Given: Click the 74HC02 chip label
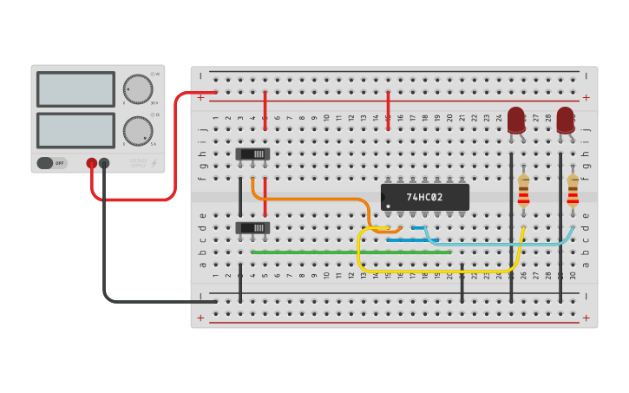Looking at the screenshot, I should (424, 197).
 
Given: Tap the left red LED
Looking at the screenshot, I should (516, 120).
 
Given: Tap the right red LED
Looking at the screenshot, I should (566, 120).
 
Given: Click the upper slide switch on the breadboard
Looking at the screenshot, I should (252, 154).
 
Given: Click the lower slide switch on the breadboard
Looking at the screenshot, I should (252, 227).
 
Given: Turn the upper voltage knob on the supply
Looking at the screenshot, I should (137, 88).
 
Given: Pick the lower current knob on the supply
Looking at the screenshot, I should (137, 131).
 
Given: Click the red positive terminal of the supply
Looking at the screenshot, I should (91, 163).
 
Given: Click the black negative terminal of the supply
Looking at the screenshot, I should (104, 163).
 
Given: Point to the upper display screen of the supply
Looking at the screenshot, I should (75, 88).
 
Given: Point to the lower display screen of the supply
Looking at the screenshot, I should (75, 130).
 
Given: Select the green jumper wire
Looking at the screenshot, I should (347, 252).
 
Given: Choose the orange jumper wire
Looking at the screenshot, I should (312, 200).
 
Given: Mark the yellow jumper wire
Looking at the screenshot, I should (434, 271).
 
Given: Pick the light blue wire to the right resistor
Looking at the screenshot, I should (503, 244).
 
